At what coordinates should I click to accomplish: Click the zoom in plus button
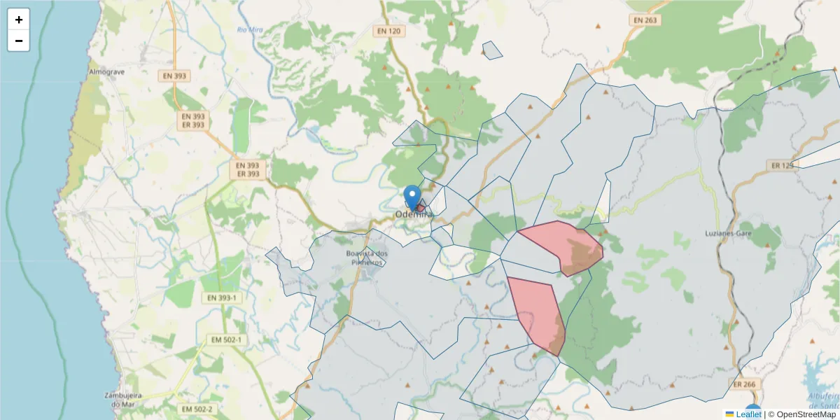tap(19, 20)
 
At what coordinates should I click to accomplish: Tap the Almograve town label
tap(106, 72)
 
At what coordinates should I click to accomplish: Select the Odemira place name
tap(414, 214)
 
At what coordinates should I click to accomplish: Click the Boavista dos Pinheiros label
tap(367, 258)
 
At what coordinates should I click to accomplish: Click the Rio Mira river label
tap(249, 29)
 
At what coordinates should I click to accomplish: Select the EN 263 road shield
tap(645, 20)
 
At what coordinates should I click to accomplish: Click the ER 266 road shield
tap(745, 384)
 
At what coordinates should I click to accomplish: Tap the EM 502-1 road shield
tap(226, 340)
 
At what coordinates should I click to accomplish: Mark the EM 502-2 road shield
tap(197, 409)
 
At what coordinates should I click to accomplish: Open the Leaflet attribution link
tap(748, 414)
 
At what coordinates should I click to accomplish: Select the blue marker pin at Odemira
tap(413, 196)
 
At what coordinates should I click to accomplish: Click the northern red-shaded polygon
tap(560, 245)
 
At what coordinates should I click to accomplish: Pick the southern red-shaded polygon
tap(538, 311)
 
